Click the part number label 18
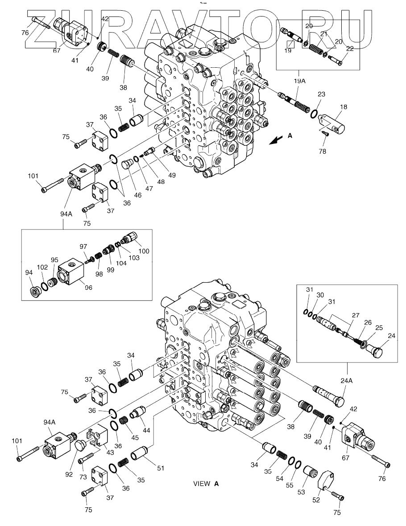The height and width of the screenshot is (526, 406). [343, 107]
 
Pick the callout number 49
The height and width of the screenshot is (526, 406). [172, 175]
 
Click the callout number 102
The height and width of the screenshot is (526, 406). [42, 267]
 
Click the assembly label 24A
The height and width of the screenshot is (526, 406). [346, 381]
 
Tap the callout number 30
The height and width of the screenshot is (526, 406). [320, 295]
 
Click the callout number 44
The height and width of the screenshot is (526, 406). [146, 431]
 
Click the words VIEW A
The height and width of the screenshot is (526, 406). [206, 483]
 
